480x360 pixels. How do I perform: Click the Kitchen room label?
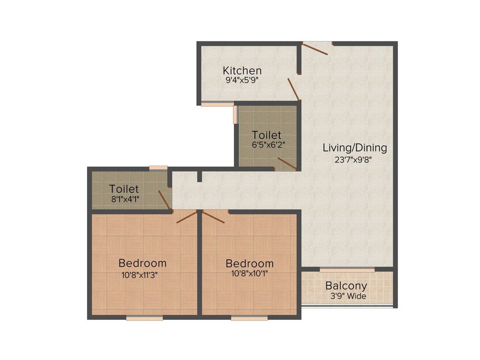tap(242, 71)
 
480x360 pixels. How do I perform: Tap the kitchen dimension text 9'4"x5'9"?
tap(242, 80)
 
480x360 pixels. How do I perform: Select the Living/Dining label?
tap(355, 148)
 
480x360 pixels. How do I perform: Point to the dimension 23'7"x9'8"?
tap(355, 159)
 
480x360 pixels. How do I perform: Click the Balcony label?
tap(346, 285)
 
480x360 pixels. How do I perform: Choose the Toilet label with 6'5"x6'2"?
tap(266, 135)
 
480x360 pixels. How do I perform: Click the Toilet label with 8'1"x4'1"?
tap(124, 189)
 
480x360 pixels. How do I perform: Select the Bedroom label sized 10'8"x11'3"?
tap(142, 263)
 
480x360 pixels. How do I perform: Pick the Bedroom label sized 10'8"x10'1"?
tap(249, 263)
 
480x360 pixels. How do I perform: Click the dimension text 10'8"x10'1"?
tap(249, 273)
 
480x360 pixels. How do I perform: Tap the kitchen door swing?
tap(293, 90)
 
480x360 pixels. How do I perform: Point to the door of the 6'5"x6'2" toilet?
tap(286, 163)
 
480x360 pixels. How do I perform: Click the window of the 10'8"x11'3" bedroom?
tap(144, 318)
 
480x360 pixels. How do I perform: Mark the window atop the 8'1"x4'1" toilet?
tap(158, 167)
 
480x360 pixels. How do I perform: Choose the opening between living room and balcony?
tap(347, 270)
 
